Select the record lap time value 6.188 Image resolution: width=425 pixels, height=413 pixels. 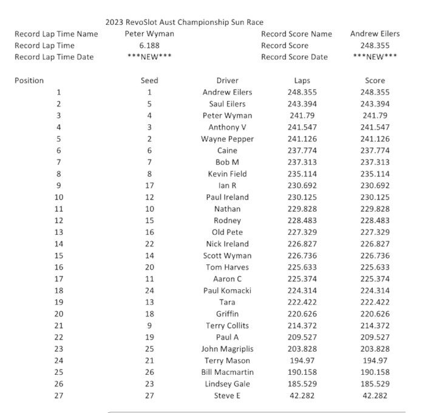click(149, 45)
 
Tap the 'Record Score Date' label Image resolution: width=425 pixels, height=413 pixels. click(294, 57)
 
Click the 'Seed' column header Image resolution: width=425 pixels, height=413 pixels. click(149, 80)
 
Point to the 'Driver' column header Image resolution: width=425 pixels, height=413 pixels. click(227, 80)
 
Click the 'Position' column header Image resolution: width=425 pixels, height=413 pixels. click(29, 80)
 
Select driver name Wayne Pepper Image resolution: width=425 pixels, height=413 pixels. click(227, 139)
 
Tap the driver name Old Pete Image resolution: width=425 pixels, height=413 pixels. click(227, 232)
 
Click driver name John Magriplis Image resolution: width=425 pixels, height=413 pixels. click(227, 349)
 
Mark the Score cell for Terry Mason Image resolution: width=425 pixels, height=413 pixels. click(375, 360)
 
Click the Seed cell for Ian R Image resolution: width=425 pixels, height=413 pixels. click(149, 186)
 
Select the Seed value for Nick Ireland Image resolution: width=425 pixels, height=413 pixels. click(149, 244)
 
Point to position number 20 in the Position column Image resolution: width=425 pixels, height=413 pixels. click(59, 314)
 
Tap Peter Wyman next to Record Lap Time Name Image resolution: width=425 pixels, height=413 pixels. click(149, 34)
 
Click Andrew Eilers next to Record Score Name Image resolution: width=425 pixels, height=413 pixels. click(375, 34)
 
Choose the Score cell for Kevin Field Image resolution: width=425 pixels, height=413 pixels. click(375, 174)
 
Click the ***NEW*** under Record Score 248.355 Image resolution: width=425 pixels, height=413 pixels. click(375, 57)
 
